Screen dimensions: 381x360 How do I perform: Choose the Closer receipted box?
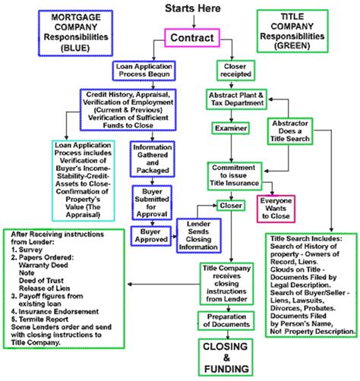235,70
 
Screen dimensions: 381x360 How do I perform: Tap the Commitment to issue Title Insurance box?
235,176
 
